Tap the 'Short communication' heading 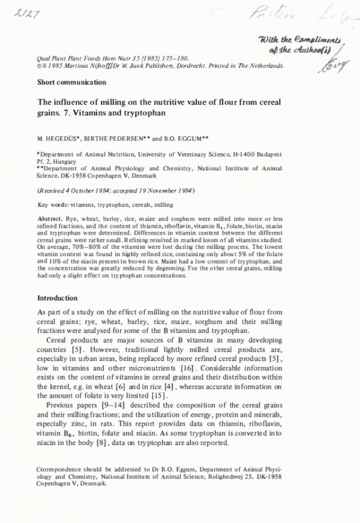[71, 82]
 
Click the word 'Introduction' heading [57, 298]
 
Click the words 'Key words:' [52, 205]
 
